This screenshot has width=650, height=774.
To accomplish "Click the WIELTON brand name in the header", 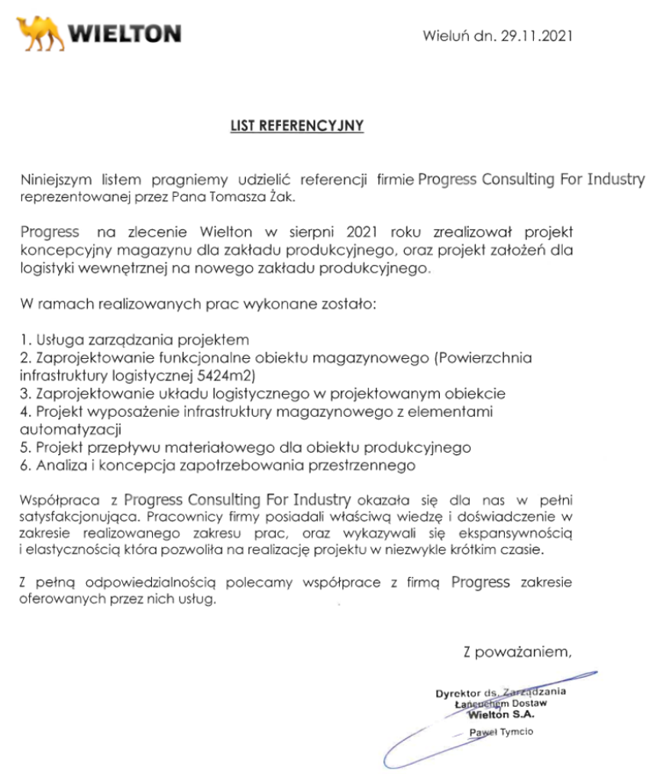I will click(x=125, y=34).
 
